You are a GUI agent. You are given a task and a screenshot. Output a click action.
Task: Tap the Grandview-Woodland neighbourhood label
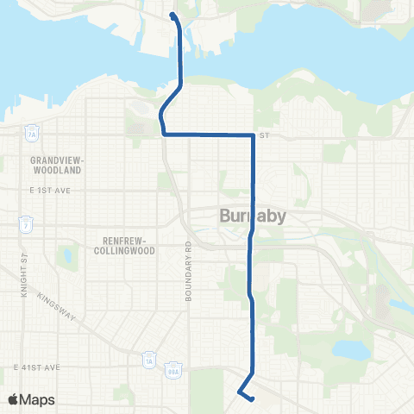click(x=54, y=165)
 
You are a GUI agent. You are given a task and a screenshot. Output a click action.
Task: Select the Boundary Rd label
click(x=187, y=271)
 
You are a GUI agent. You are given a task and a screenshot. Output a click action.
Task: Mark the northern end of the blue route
click(x=173, y=16)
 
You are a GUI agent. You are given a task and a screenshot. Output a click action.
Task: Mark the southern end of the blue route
click(x=254, y=398)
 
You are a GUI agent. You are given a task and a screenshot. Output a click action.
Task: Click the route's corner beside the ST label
click(x=252, y=135)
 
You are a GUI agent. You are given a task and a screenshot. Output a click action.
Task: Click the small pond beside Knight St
click(x=66, y=256)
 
